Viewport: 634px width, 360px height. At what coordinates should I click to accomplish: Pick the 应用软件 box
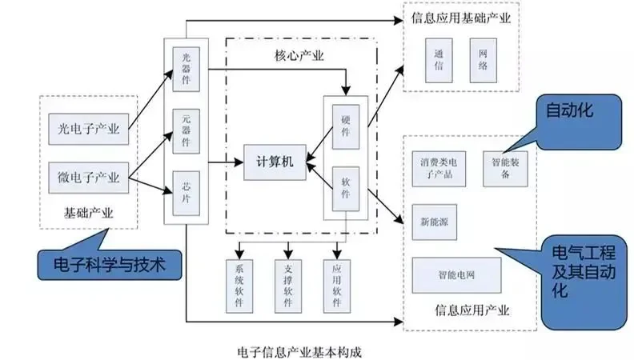[336, 280]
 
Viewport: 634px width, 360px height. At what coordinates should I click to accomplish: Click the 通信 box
[439, 59]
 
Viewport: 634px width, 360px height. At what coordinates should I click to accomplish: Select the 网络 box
[484, 59]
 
